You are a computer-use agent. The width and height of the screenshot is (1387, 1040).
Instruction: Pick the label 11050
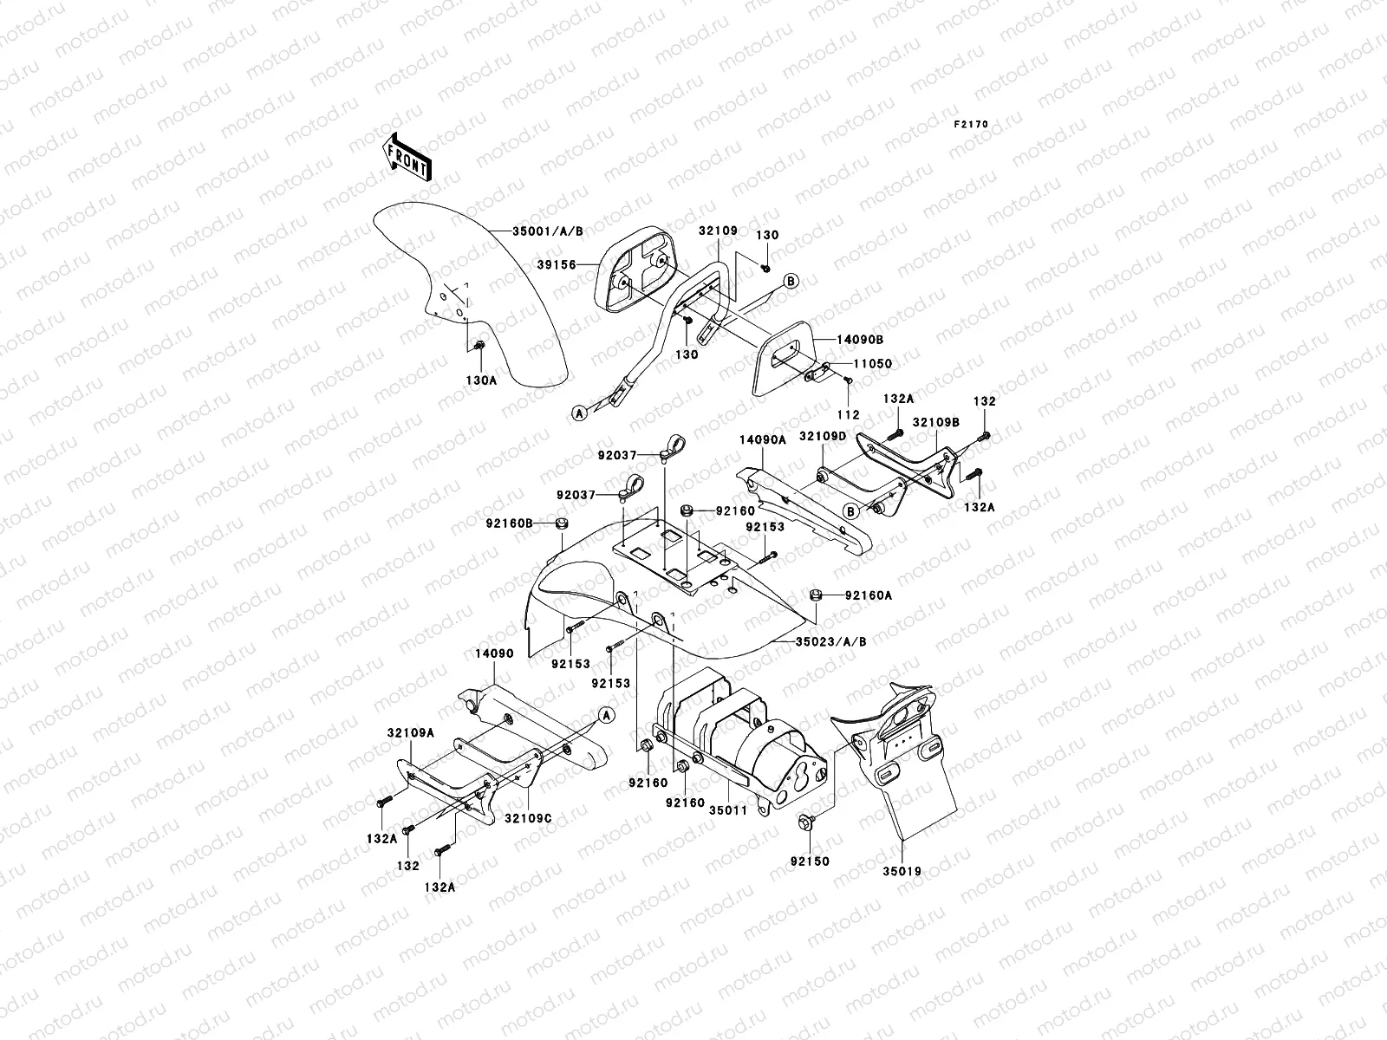click(x=874, y=365)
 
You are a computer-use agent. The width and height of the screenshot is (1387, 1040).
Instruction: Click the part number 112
click(x=850, y=415)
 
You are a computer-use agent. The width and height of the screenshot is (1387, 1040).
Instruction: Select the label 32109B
click(x=940, y=422)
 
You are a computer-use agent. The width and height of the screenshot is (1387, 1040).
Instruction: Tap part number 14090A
click(x=762, y=440)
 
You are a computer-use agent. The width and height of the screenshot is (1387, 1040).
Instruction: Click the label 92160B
click(x=508, y=523)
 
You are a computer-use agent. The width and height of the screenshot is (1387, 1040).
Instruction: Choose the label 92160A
click(x=869, y=595)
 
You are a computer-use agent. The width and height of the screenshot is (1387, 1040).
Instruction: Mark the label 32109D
click(x=822, y=436)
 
